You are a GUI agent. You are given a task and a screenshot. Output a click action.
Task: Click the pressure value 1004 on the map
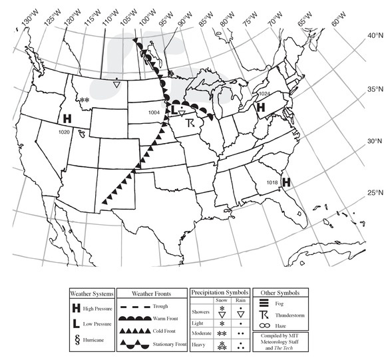pos(154,112)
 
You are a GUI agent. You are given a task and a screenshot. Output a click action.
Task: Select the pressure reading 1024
pos(264,94)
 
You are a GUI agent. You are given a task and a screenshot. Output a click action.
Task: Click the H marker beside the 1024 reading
pos(261,106)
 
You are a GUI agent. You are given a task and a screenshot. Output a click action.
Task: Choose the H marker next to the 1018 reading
pos(287,181)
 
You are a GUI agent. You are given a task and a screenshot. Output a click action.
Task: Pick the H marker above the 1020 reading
pos(67,118)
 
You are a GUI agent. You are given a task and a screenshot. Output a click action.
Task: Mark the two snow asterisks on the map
pos(85,101)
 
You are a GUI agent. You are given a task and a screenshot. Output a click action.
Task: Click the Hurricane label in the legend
pos(98,340)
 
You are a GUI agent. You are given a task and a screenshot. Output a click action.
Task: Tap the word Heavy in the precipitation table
pos(200,343)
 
